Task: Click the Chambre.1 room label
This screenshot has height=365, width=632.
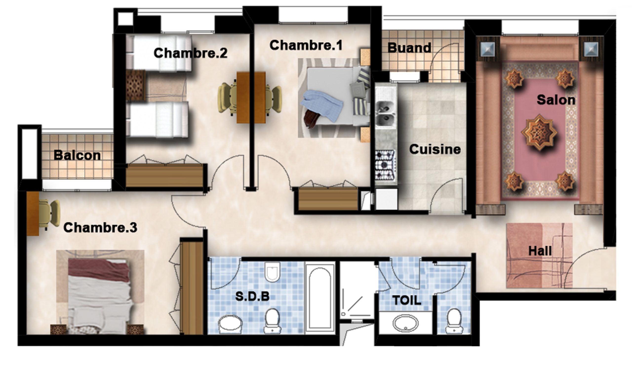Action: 306,45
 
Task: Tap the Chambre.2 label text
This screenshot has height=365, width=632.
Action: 190,53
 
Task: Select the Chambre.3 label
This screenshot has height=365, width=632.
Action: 100,227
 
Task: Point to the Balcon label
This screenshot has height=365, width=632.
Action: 77,155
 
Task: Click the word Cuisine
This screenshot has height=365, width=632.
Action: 435,149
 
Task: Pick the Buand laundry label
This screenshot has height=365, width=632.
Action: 409,48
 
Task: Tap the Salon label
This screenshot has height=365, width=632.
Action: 556,100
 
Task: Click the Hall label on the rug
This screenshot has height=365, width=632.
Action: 540,251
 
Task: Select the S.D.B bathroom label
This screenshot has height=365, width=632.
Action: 252,296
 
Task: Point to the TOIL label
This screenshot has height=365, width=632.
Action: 407,300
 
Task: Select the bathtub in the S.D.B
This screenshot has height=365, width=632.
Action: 320,298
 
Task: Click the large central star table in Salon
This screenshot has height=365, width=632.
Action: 539,133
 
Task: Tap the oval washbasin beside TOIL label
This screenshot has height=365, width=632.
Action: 405,323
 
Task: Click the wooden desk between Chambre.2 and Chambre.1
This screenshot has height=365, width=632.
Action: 251,98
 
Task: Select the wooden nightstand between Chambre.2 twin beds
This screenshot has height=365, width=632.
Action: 136,85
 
